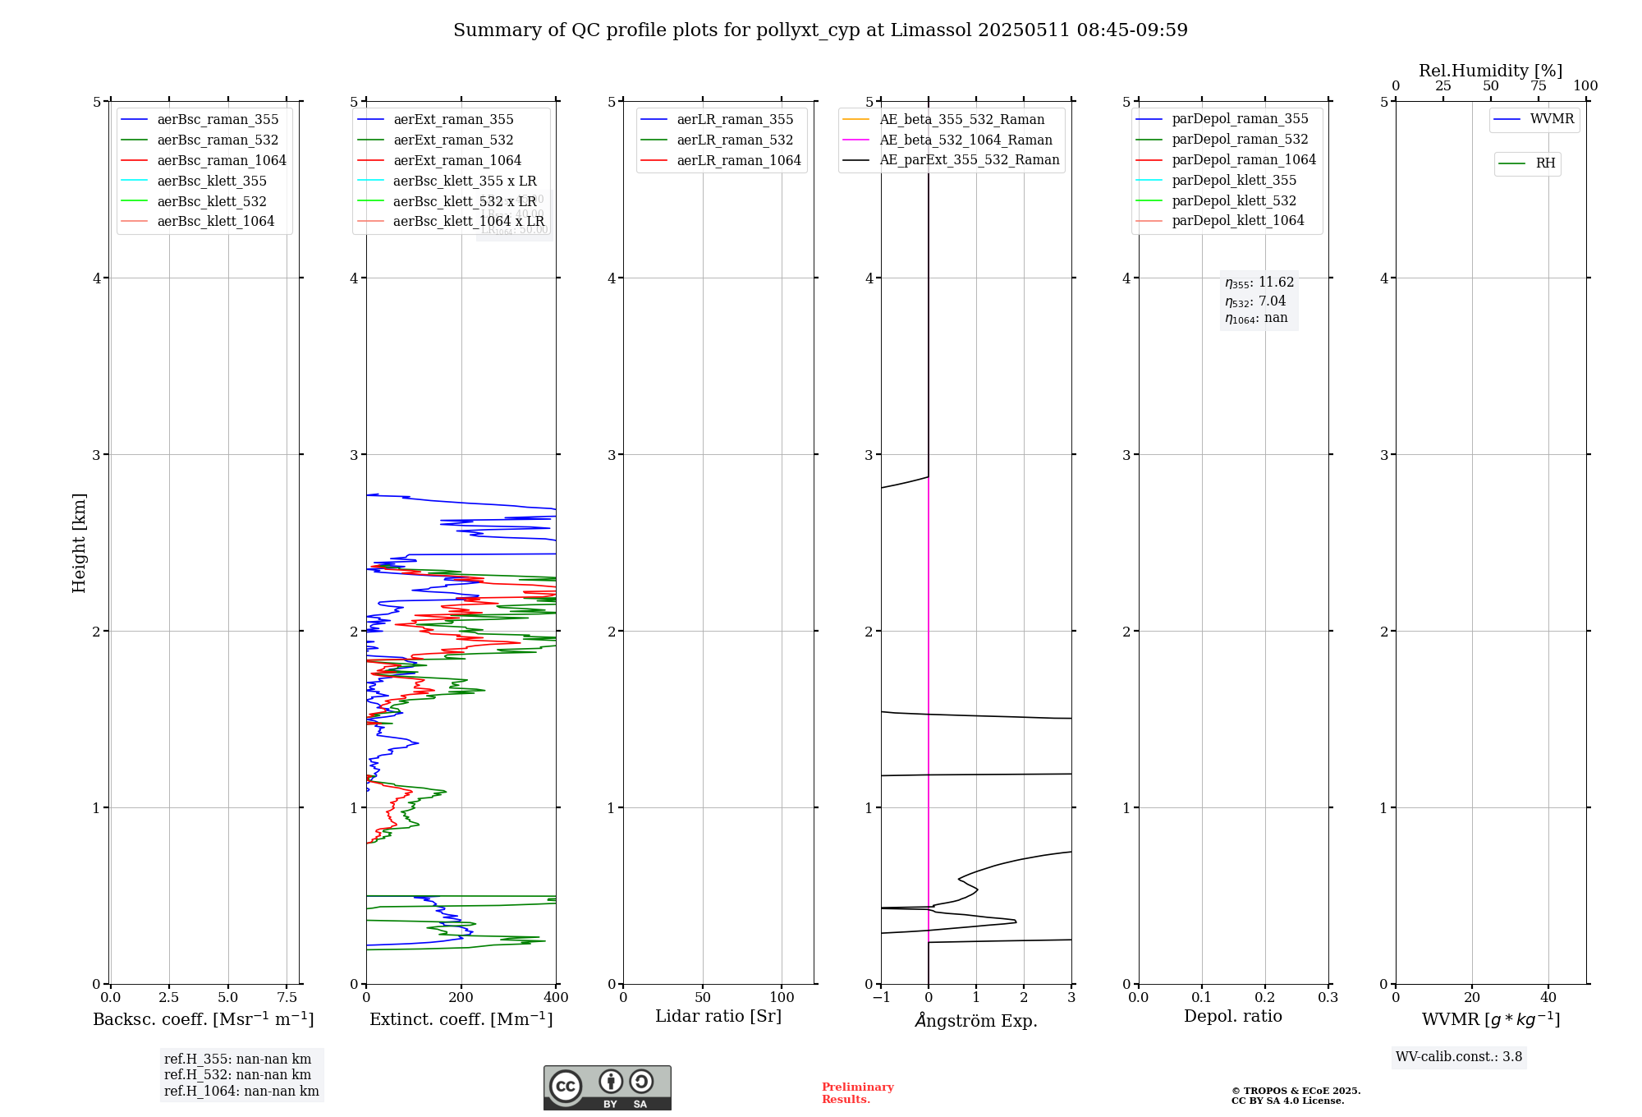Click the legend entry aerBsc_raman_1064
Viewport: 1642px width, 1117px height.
point(222,160)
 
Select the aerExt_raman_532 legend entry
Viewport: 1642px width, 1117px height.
point(453,140)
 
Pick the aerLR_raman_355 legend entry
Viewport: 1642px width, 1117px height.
point(735,119)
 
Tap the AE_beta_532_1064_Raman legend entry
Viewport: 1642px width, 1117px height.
point(965,140)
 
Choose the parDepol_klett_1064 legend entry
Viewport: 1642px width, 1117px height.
point(1237,220)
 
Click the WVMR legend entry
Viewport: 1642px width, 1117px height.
point(1552,119)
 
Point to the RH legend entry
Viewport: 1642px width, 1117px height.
point(1545,163)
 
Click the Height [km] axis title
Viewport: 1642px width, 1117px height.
point(79,542)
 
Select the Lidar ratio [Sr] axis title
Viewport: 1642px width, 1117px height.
point(718,1016)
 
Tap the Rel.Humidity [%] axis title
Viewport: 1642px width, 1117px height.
point(1490,71)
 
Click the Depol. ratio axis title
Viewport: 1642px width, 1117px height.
point(1232,1016)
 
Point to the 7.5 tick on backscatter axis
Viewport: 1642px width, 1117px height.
point(287,998)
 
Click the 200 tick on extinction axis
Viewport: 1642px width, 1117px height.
point(461,998)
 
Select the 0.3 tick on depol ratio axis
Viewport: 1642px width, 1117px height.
point(1328,998)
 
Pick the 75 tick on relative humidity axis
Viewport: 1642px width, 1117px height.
point(1538,86)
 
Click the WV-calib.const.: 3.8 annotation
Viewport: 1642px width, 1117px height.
point(1458,1057)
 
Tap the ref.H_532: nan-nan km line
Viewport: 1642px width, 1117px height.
point(237,1074)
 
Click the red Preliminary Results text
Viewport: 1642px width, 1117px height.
point(857,1093)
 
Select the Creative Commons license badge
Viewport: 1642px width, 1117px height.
point(607,1088)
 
